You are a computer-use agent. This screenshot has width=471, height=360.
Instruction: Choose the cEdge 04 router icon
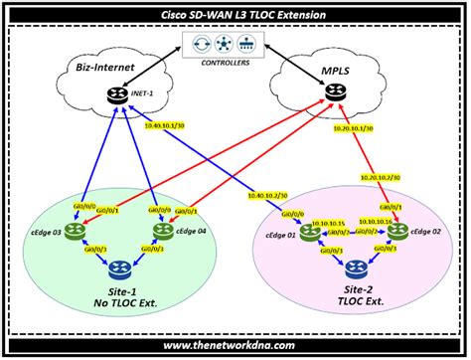point(162,232)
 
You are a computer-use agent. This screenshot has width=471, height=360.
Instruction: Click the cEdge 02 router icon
point(397,233)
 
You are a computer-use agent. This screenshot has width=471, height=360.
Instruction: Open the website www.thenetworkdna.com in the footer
point(235,345)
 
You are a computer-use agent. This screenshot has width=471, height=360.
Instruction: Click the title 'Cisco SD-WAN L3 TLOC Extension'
point(235,16)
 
